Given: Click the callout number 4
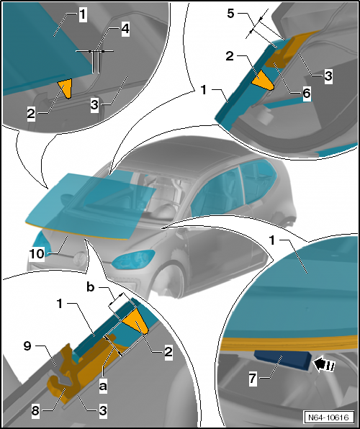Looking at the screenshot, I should click(125, 30).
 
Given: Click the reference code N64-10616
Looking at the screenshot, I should click(327, 417).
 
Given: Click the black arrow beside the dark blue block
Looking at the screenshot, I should click(321, 365).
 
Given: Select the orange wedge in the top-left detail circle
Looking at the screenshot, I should click(65, 89).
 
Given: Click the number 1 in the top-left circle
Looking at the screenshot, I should click(83, 14).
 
